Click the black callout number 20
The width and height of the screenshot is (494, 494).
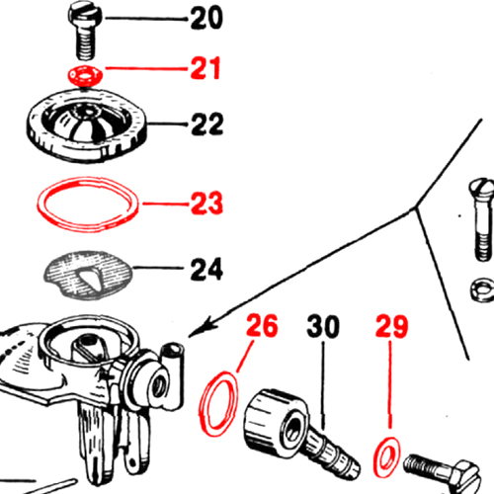click(206, 19)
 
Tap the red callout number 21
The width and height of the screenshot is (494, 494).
click(206, 68)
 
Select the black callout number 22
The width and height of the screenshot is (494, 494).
click(207, 123)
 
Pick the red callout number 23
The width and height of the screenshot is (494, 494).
click(206, 203)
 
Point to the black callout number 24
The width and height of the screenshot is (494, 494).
click(206, 269)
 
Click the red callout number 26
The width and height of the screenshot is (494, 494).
click(262, 325)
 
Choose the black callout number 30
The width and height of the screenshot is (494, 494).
click(323, 326)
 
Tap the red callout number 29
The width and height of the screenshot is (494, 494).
click(392, 326)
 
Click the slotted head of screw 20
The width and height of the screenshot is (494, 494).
click(86, 15)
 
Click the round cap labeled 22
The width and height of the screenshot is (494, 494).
click(87, 125)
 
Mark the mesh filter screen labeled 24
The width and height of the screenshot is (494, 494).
click(88, 275)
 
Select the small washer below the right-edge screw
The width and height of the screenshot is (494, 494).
click(482, 289)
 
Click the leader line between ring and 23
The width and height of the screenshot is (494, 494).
click(166, 204)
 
